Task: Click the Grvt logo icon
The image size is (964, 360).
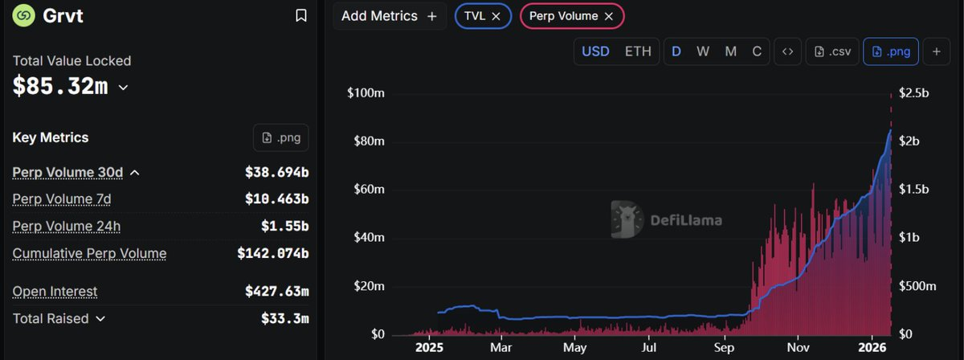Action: tap(24, 15)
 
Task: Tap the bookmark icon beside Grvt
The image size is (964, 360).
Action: tap(300, 15)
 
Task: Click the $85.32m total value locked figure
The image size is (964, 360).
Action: tap(60, 87)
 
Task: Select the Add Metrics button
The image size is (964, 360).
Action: tap(389, 16)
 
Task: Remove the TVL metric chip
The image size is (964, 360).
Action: tap(496, 16)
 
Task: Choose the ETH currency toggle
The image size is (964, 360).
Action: tap(638, 51)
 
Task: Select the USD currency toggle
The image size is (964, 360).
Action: tap(595, 51)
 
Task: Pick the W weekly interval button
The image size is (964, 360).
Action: tap(703, 51)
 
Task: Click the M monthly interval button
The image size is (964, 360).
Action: tap(730, 51)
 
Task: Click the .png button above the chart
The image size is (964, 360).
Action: tap(891, 51)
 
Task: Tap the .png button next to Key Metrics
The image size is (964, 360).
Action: tap(280, 137)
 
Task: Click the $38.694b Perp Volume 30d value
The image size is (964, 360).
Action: tap(276, 173)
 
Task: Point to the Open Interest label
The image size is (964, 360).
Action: tap(55, 292)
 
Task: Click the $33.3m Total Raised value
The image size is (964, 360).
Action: tap(284, 319)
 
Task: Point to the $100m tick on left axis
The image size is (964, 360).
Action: tap(366, 93)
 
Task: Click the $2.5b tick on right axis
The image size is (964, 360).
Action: tap(913, 93)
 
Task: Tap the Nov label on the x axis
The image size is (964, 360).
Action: tap(797, 348)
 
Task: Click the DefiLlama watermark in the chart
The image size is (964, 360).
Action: tap(666, 220)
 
